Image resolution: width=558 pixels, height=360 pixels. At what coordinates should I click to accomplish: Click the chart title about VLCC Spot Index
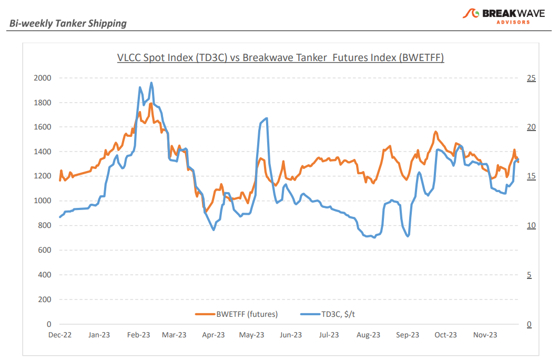(x=280, y=57)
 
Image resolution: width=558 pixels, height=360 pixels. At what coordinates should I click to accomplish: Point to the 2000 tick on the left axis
(x=42, y=78)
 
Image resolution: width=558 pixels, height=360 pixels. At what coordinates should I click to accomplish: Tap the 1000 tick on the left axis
(x=42, y=201)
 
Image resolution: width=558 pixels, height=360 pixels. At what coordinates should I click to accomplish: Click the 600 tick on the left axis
(x=44, y=250)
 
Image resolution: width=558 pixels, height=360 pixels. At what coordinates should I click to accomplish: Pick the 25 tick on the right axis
(x=531, y=78)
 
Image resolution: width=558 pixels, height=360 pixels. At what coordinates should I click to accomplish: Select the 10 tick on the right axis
(x=531, y=226)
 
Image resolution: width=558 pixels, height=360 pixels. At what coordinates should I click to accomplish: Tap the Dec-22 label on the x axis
(x=59, y=335)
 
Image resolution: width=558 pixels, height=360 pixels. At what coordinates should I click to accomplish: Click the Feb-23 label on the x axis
(x=138, y=335)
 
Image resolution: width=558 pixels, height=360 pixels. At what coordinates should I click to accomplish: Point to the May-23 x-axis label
(x=252, y=335)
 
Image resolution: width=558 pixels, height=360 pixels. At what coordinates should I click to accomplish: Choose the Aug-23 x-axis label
(x=368, y=335)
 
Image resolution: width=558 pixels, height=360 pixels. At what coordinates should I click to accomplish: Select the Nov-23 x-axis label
(x=485, y=335)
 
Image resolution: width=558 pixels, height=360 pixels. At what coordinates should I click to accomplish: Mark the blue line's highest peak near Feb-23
(x=151, y=83)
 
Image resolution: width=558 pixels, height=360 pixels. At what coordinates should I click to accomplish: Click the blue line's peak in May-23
(x=267, y=118)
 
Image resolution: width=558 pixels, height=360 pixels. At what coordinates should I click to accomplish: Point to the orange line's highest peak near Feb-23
(x=151, y=103)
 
